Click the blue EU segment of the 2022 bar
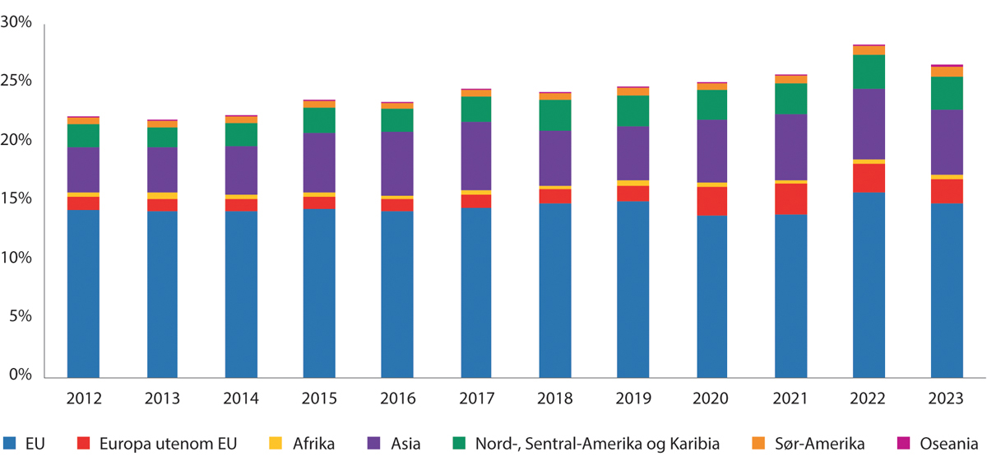[x=869, y=284]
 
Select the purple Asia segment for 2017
[x=476, y=156]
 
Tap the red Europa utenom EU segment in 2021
[x=790, y=198]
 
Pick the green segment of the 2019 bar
[x=633, y=110]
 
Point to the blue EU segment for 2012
[x=83, y=293]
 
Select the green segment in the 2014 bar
[x=240, y=134]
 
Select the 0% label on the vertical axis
[x=20, y=375]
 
